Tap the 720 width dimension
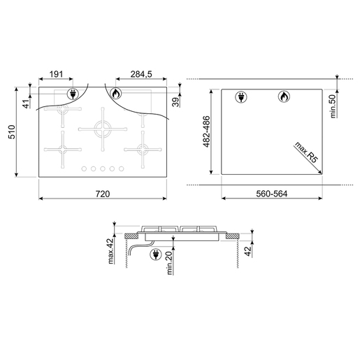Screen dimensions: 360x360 (103, 192)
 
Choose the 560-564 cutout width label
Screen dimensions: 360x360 (271, 193)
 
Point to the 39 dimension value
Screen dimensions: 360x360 (175, 101)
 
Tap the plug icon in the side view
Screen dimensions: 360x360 (154, 257)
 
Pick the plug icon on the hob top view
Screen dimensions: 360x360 (73, 94)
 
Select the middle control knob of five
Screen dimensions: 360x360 (101, 168)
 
